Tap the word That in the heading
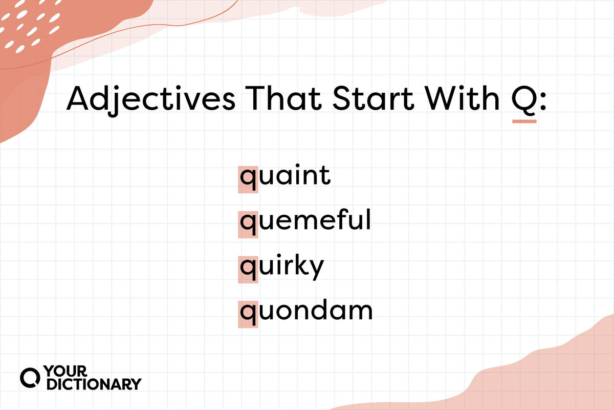click(x=283, y=98)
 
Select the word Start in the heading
click(x=373, y=98)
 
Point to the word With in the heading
click(x=463, y=98)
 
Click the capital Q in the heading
click(x=524, y=99)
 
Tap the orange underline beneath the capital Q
click(x=524, y=121)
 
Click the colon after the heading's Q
click(x=543, y=101)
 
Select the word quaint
click(x=286, y=177)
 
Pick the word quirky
click(x=282, y=267)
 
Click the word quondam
click(x=306, y=312)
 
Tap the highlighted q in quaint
click(x=248, y=180)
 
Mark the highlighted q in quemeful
click(x=248, y=225)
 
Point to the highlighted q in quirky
click(x=248, y=270)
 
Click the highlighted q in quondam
click(x=248, y=315)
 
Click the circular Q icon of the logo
click(x=30, y=378)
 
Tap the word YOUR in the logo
click(x=65, y=371)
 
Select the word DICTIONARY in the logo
click(x=94, y=384)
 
